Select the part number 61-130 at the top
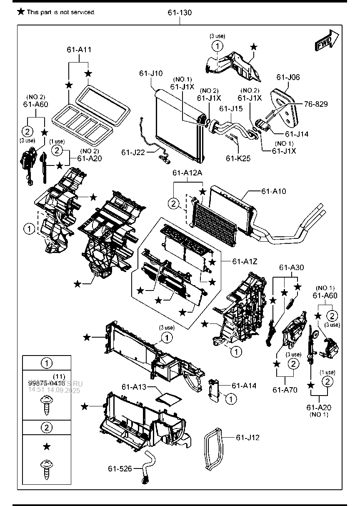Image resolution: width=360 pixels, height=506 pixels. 180,13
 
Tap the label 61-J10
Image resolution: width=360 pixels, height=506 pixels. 151,73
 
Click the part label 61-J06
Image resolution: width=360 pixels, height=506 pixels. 287,77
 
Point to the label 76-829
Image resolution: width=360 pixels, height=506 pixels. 315,104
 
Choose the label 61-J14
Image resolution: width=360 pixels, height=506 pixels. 297,134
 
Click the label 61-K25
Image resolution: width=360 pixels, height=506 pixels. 238,158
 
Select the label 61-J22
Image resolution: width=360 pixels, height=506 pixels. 133,153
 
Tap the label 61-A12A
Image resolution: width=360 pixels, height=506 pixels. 187,173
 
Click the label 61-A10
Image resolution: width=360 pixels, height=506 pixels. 274,191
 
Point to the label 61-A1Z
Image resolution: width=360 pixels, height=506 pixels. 245,261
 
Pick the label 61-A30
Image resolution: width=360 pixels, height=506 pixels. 291,267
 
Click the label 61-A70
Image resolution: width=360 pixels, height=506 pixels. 285,390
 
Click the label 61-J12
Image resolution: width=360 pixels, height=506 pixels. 247,437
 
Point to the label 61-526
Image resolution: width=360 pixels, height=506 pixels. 120,469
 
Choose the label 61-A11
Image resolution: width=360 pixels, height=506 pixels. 79,50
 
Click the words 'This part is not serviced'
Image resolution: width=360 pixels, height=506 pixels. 61,12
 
